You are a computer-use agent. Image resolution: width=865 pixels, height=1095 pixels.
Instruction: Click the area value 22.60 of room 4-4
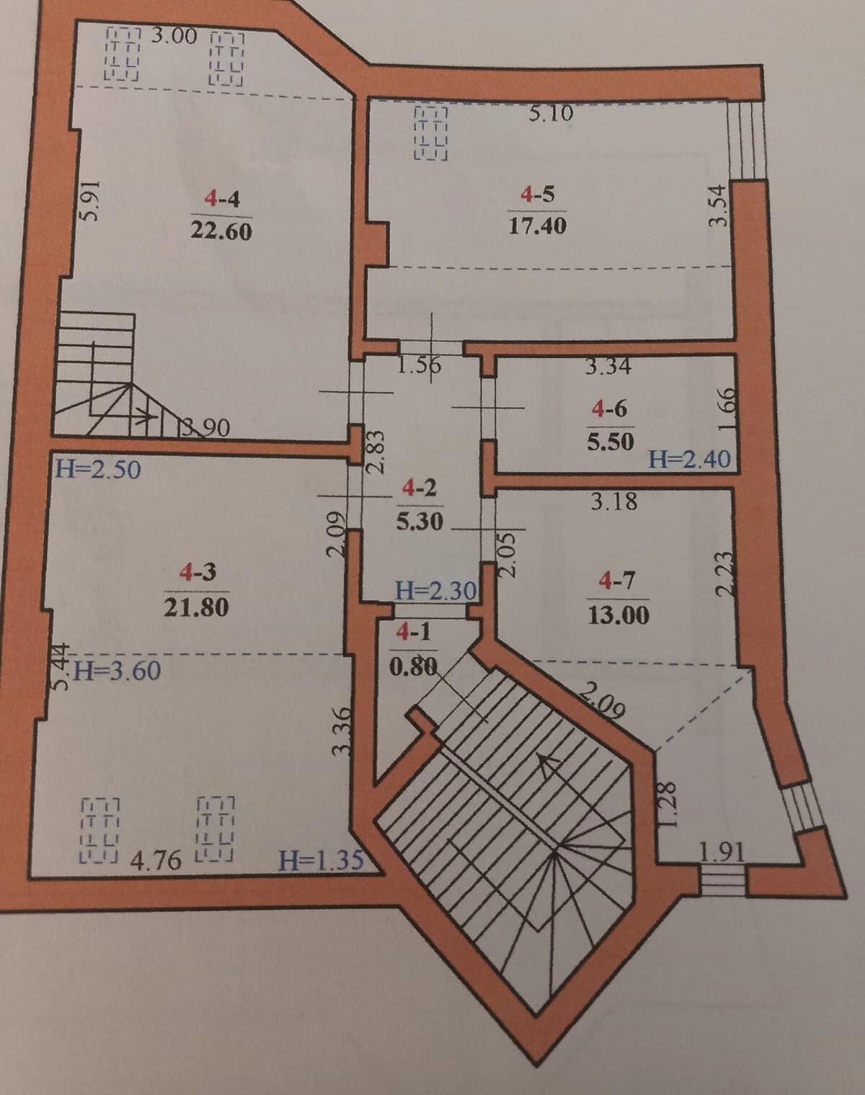point(221,231)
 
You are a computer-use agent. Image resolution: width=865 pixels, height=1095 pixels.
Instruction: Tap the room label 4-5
point(538,195)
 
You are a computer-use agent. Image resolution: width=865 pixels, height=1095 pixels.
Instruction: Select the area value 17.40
point(538,225)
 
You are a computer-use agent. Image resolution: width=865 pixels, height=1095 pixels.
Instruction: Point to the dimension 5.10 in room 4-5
point(551,113)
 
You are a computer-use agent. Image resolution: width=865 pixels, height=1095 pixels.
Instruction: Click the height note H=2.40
point(689,460)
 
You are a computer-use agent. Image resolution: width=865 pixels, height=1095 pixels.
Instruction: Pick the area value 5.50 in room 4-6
point(610,442)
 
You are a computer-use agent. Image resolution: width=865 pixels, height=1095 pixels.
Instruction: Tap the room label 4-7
point(617,581)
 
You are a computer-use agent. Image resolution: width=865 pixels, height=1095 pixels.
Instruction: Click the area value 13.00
point(618,616)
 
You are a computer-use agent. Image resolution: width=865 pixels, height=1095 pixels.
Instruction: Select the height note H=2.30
point(436,591)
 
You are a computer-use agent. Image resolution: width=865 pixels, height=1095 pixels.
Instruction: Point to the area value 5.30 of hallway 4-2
point(420,522)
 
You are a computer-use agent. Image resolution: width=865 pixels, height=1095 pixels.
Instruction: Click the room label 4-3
point(198,573)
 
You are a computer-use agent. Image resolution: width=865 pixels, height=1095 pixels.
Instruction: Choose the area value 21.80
point(197,607)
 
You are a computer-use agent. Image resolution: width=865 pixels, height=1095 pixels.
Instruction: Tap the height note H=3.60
point(117,671)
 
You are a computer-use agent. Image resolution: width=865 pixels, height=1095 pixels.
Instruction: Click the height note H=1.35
point(321,860)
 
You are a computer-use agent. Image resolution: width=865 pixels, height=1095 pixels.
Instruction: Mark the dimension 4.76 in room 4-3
point(156,860)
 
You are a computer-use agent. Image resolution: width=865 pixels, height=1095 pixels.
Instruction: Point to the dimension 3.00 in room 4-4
point(174,36)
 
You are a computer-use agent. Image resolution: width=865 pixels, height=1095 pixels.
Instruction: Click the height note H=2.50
point(98,469)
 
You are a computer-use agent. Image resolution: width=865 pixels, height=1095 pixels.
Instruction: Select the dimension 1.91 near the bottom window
point(722,852)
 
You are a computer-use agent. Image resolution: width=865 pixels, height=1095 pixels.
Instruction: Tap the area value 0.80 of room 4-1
point(414,667)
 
